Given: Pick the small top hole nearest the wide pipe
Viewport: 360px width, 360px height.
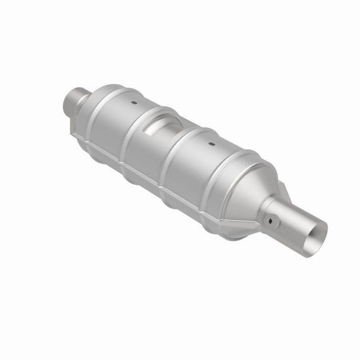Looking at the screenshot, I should coord(210,145).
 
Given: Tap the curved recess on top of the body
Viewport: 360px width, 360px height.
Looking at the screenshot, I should coord(162,124).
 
